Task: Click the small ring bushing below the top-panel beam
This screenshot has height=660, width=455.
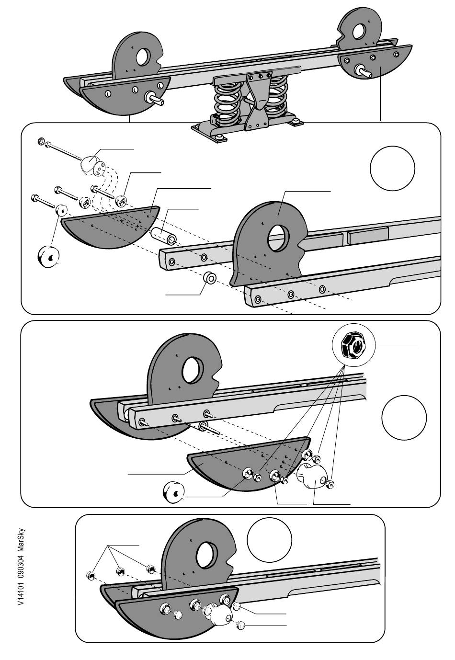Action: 210,278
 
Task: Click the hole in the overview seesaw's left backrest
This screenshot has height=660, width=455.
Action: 143,57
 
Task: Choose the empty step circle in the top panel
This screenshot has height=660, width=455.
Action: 393,169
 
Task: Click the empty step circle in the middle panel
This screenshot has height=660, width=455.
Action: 404,417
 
